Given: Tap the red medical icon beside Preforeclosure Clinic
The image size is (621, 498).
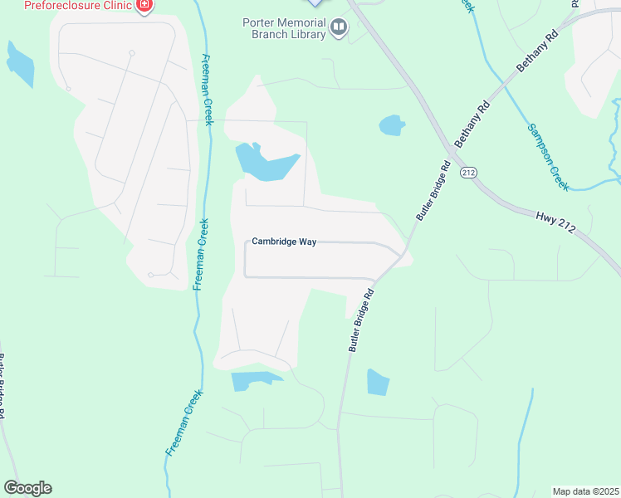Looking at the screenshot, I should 145,5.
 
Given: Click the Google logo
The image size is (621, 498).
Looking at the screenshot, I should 27,488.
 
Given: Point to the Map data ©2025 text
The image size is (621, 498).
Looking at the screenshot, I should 584,491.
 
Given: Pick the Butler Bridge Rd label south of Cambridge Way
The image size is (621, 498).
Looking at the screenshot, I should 364,320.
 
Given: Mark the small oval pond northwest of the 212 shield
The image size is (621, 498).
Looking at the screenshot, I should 391,125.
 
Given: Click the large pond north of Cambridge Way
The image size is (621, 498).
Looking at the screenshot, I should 264,161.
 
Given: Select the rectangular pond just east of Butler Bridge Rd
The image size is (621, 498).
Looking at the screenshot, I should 377,382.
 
